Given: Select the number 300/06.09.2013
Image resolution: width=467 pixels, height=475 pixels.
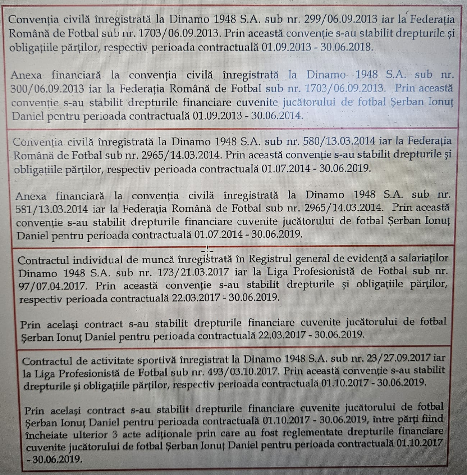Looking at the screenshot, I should pos(47,89).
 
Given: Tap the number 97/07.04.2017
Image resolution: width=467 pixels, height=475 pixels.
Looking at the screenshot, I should pos(52,286).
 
